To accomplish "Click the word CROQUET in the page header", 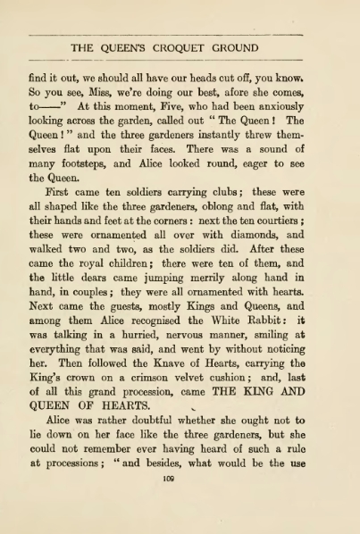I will coord(180,47).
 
